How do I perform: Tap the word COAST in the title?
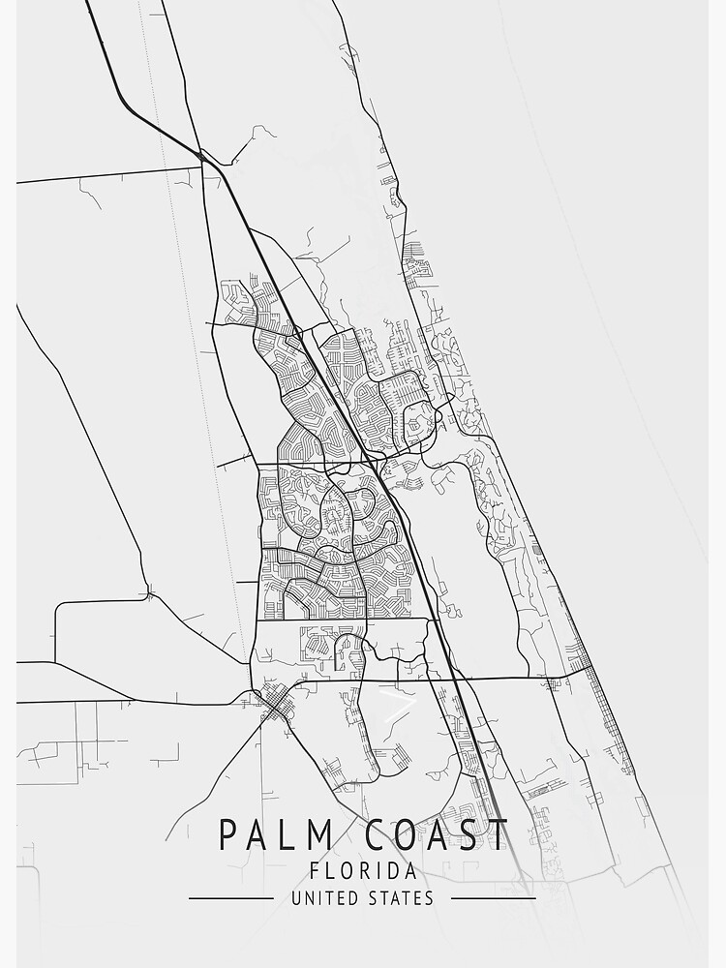pyautogui.click(x=425, y=833)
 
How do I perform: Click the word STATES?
pyautogui.click(x=400, y=898)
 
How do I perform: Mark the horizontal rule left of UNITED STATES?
pyautogui.click(x=230, y=898)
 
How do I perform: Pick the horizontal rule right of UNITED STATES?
pyautogui.click(x=494, y=898)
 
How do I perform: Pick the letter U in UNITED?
pyautogui.click(x=296, y=898)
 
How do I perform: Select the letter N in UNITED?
pyautogui.click(x=309, y=898)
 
